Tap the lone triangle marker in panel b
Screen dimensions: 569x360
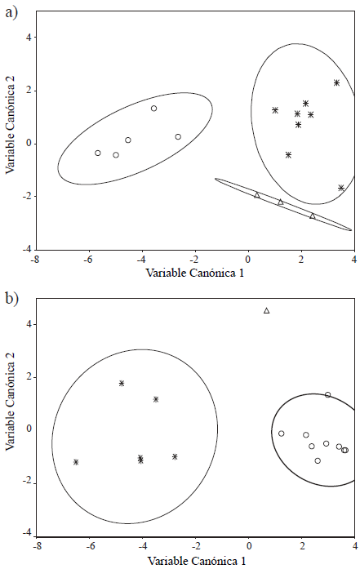(x=266, y=310)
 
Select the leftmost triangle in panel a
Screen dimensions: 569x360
(x=257, y=194)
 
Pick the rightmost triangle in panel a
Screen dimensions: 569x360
(x=313, y=216)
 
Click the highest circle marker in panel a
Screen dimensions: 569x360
(x=153, y=109)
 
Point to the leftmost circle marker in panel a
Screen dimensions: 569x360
(x=98, y=153)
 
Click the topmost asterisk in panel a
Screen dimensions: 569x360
(x=336, y=82)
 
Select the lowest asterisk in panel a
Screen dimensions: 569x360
(x=341, y=188)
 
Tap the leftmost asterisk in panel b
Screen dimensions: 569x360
(x=76, y=462)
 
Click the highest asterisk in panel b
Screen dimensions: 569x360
(x=122, y=383)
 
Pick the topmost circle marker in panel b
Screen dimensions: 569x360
(x=328, y=395)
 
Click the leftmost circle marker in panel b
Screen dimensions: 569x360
(x=282, y=433)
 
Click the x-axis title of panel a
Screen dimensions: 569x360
(x=194, y=273)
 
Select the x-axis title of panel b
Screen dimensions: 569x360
(x=196, y=562)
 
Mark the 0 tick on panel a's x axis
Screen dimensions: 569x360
(x=248, y=260)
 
